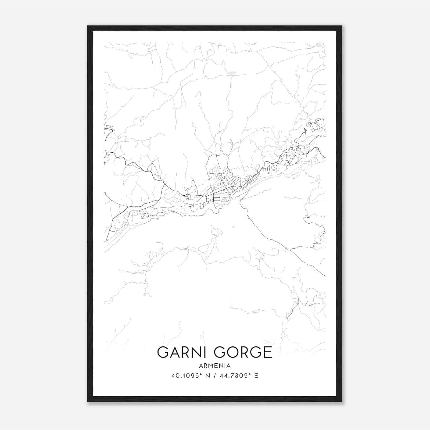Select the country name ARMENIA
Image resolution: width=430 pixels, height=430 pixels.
pos(215,366)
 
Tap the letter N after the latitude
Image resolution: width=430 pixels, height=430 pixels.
pos(207,376)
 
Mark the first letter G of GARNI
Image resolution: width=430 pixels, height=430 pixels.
pos(163,352)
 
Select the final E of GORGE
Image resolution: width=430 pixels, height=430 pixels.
pos(268,352)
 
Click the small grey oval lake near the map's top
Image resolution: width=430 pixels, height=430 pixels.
pos(232,73)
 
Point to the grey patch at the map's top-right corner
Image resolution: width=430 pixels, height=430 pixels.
pos(320,45)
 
